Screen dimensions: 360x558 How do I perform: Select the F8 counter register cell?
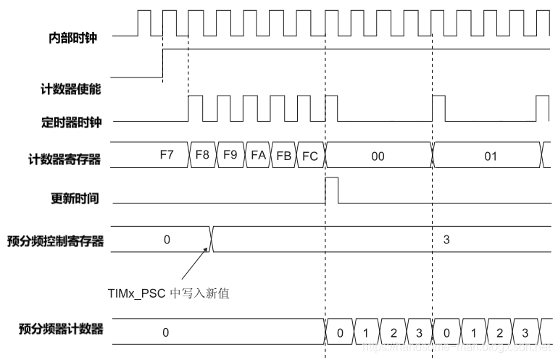tap(202, 154)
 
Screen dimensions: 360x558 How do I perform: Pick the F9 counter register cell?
tap(230, 154)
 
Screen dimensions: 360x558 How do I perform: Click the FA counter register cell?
tap(257, 154)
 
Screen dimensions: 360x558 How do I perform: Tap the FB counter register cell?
tap(283, 154)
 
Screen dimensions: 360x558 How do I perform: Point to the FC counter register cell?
tap(309, 154)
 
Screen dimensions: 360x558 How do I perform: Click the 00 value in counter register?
tap(378, 155)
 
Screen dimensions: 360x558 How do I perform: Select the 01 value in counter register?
tap(490, 155)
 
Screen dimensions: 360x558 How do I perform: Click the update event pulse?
tap(332, 190)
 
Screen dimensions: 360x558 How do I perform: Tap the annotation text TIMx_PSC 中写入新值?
tap(167, 293)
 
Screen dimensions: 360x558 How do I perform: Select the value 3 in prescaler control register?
tap(446, 239)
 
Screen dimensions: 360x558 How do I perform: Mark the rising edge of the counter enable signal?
tap(162, 63)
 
